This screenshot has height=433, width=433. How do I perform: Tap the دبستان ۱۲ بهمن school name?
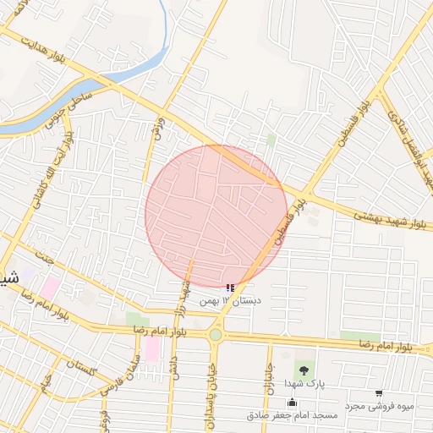[231, 301]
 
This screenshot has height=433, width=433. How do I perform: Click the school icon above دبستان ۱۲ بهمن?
[231, 288]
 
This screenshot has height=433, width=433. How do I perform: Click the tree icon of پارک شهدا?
[304, 370]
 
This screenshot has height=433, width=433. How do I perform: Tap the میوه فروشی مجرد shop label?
[378, 407]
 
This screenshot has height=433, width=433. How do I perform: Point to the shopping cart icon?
[378, 393]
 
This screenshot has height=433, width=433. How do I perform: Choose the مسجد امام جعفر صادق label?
[292, 415]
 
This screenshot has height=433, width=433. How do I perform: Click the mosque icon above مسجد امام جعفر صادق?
[292, 402]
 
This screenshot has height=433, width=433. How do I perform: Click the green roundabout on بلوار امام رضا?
[216, 335]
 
